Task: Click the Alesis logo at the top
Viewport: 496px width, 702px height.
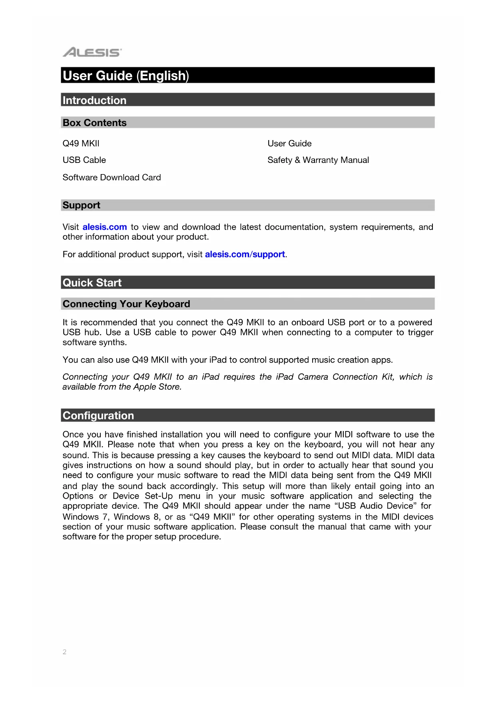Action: click(x=92, y=52)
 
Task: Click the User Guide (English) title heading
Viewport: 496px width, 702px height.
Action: click(x=125, y=76)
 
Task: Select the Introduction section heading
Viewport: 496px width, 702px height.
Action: click(x=94, y=100)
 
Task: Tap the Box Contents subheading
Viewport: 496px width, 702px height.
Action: click(x=94, y=123)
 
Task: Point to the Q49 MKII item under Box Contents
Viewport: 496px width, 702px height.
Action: click(x=81, y=143)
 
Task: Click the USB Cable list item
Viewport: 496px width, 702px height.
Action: click(x=84, y=160)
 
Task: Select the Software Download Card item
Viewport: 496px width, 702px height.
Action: click(x=112, y=177)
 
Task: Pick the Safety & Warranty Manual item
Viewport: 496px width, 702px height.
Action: click(x=318, y=160)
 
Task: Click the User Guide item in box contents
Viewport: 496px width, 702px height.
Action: click(x=289, y=143)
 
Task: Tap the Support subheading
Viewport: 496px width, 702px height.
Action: click(x=81, y=205)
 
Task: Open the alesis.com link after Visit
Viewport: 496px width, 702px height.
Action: click(x=105, y=227)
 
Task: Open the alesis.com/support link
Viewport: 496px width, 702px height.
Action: click(x=245, y=255)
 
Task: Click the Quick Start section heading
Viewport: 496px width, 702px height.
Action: click(x=92, y=283)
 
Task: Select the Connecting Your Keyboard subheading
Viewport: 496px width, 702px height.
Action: click(x=126, y=304)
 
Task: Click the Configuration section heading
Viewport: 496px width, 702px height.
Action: click(x=98, y=415)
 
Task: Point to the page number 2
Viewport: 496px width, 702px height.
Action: click(x=64, y=652)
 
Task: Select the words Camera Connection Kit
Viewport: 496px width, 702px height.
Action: click(x=346, y=377)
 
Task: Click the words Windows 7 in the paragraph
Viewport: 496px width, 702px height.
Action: click(x=86, y=517)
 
